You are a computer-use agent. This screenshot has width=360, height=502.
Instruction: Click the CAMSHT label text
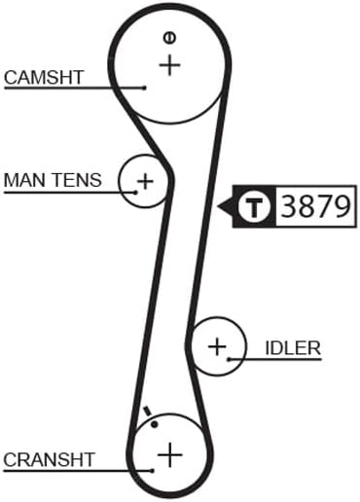(x=44, y=77)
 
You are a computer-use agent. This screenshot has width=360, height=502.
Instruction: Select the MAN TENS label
(x=53, y=180)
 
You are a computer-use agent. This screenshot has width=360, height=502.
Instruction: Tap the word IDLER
(x=293, y=347)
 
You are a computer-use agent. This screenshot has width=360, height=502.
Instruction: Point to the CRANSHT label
(x=48, y=459)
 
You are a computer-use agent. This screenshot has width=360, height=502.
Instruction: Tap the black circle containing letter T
(x=255, y=207)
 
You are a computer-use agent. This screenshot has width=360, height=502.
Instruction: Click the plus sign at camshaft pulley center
(x=170, y=66)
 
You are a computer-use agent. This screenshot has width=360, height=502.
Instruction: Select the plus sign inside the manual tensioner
(x=145, y=180)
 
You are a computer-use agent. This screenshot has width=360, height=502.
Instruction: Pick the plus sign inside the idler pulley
(x=217, y=345)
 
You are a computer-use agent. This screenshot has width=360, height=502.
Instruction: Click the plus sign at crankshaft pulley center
(x=170, y=453)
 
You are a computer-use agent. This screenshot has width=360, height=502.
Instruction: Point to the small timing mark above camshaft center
(x=169, y=38)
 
